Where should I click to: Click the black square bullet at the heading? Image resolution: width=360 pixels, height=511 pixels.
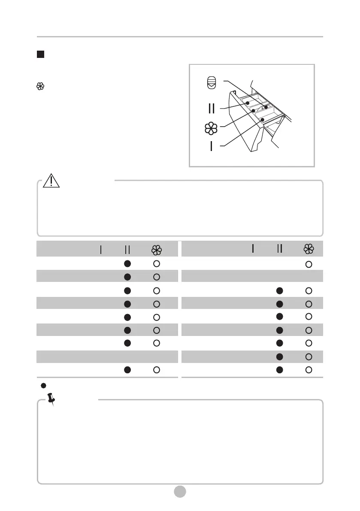pos(40,54)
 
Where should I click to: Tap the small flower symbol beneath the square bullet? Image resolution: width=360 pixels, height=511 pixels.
pos(40,86)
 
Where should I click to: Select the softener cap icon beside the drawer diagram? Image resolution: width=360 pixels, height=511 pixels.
pos(212,83)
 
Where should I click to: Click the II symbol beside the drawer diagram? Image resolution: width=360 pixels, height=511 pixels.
pos(212,109)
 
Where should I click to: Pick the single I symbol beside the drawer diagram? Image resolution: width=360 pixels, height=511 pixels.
pos(212,146)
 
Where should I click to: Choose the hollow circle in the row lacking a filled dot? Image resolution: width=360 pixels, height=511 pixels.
pos(309,264)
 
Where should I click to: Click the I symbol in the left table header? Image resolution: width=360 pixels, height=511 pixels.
pos(100,249)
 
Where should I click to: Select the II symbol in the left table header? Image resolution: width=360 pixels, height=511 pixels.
pos(127,249)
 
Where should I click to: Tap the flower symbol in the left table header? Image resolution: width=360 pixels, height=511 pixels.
pos(157,250)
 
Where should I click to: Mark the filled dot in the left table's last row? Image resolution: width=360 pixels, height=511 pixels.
pos(127,370)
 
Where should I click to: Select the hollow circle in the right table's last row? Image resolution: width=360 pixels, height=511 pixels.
pos(309,370)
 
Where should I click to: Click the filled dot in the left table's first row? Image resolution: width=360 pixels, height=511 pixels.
pos(127,264)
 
